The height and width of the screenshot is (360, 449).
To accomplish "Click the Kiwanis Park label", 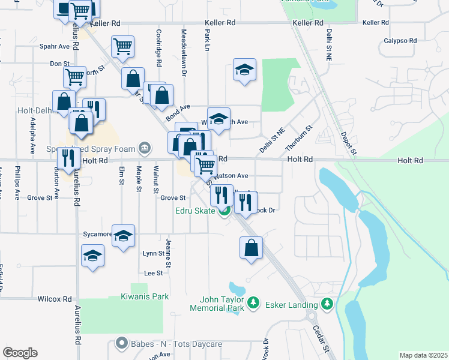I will tap(144, 296).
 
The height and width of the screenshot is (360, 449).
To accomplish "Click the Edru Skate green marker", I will tap(224, 211).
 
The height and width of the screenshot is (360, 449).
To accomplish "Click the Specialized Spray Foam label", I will tap(91, 148).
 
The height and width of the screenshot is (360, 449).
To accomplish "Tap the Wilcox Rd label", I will tap(55, 298).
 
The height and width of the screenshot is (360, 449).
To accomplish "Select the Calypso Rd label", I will tap(400, 41).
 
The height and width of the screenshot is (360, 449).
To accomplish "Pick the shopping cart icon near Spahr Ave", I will tap(122, 46).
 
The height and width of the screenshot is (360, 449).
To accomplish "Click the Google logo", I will tap(20, 352).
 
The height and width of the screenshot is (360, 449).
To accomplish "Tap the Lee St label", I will tap(154, 273).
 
